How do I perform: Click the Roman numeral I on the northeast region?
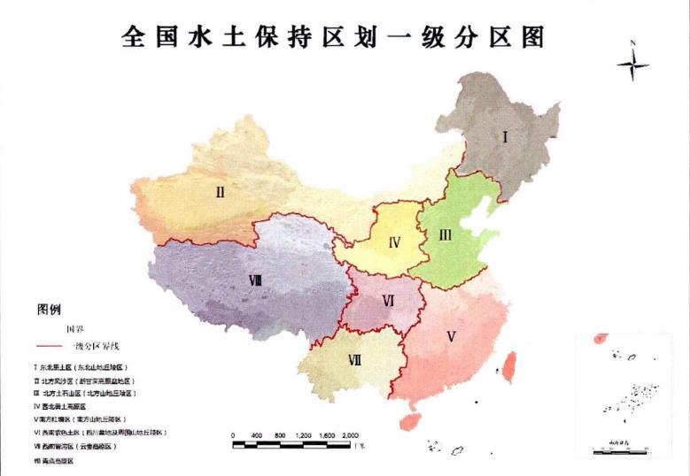(x=506, y=137)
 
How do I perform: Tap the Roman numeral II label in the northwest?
(x=220, y=189)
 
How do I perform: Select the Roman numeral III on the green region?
(x=446, y=234)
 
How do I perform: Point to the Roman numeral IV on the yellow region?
(x=394, y=242)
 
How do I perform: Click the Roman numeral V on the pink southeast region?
(x=451, y=336)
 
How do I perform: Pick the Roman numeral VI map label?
(x=387, y=301)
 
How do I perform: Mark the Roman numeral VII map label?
(x=354, y=359)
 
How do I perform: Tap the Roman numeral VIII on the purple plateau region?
(x=255, y=280)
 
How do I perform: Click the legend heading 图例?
(x=49, y=310)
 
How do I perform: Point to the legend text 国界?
(x=63, y=329)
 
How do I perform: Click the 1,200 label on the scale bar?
(x=303, y=436)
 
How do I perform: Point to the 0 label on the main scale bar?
(x=233, y=436)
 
